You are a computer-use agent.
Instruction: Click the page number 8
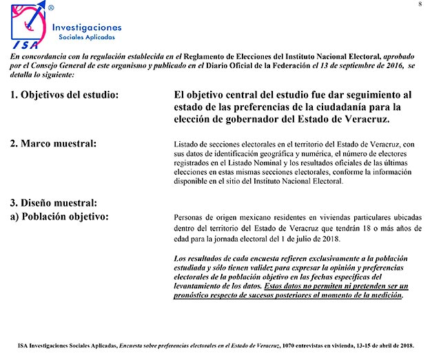click(419, 6)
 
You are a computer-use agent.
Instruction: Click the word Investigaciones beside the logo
click(88, 27)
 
